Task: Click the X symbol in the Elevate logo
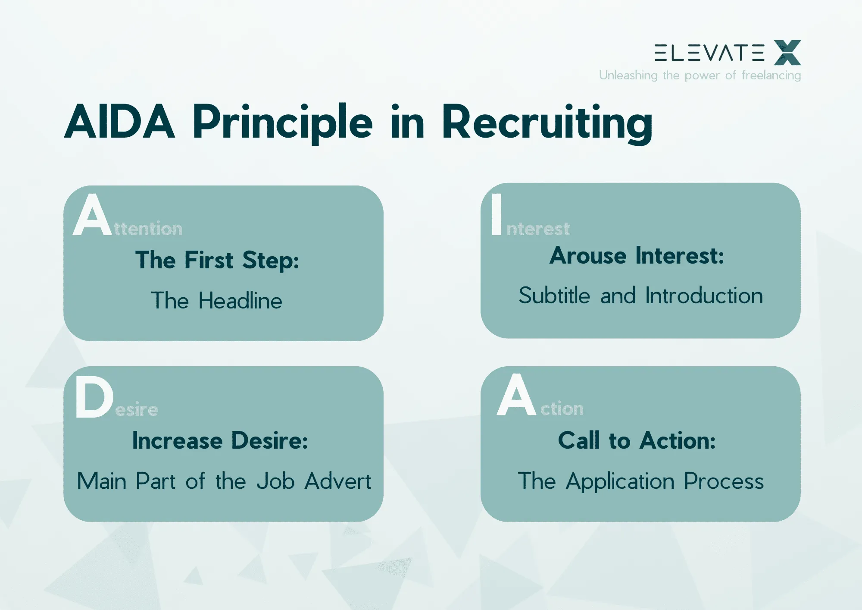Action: coord(787,53)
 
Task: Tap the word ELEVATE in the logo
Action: coord(709,53)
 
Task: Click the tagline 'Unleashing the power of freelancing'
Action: coord(700,75)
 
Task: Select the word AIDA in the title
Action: coord(120,123)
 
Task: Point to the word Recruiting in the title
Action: coord(547,123)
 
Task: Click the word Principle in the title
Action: coord(282,123)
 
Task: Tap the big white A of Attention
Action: coord(92,215)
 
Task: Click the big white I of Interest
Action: coord(497,214)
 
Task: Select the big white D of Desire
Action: coord(94,397)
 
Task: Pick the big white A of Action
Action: coord(516,395)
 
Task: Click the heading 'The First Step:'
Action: coord(217,260)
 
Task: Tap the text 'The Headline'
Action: coord(216,301)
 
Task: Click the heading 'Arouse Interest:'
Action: coord(637,256)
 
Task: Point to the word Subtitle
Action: coord(554,296)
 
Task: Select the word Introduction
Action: coord(704,296)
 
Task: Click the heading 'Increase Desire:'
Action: coord(220,440)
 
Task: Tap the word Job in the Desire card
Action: coord(275,481)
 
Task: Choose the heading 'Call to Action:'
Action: coord(637,440)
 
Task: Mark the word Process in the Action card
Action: coord(724,481)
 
